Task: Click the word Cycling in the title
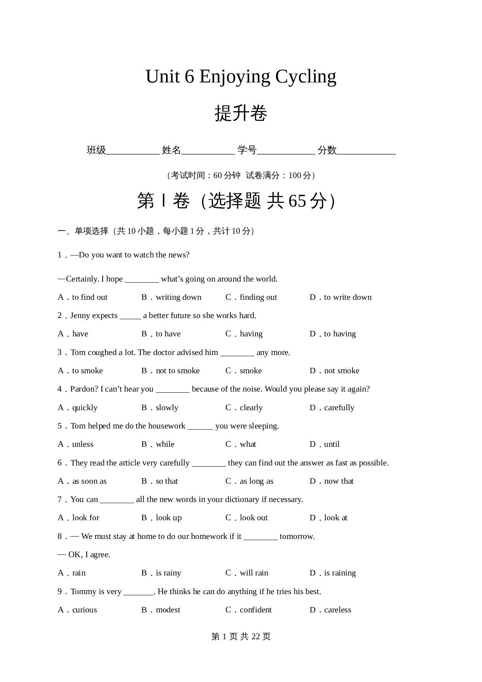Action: (306, 77)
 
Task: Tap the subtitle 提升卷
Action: (241, 114)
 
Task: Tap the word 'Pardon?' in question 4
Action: (84, 389)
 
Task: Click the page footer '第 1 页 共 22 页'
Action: (241, 637)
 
